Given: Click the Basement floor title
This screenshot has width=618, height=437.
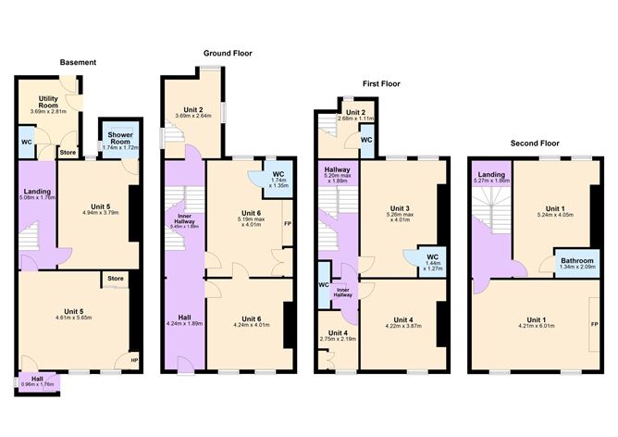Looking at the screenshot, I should coord(78,63).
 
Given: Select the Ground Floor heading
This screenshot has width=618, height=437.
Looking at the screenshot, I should coord(228,54).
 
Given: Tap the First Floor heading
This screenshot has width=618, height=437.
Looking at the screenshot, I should coord(381,83).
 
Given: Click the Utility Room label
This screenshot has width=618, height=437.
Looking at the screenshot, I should coord(48,103).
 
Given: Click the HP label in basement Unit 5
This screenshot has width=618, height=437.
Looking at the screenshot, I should coord(134,360).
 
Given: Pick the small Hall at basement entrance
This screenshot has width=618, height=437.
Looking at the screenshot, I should coord(38,379).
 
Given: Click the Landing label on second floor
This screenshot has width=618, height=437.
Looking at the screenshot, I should coord(490,176).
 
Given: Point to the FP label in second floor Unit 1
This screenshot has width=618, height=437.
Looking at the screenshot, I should coord(592,326).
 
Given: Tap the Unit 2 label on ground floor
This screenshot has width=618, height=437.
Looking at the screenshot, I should coord(193,110).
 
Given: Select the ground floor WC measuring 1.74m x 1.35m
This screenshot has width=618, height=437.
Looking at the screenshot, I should coord(277,178).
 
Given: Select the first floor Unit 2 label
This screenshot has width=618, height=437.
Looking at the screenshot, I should coord(343,114).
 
